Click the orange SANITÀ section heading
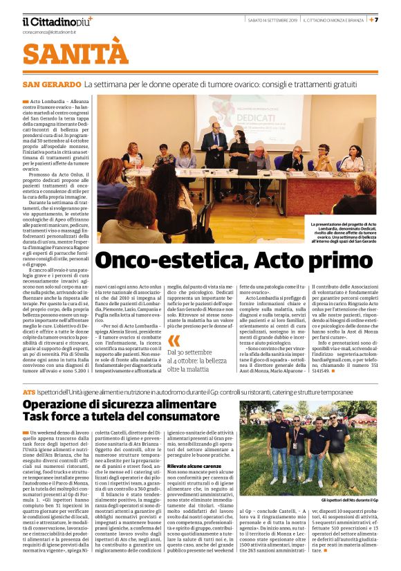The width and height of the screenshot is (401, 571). pos(75,53)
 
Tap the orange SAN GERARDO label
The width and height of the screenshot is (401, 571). pos(51,84)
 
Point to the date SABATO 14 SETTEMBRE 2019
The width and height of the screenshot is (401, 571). pos(273,19)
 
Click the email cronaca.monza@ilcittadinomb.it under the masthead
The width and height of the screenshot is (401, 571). pos(51,32)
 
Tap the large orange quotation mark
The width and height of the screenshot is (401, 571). pos(174,341)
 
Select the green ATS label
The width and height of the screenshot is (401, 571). pos(28,392)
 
